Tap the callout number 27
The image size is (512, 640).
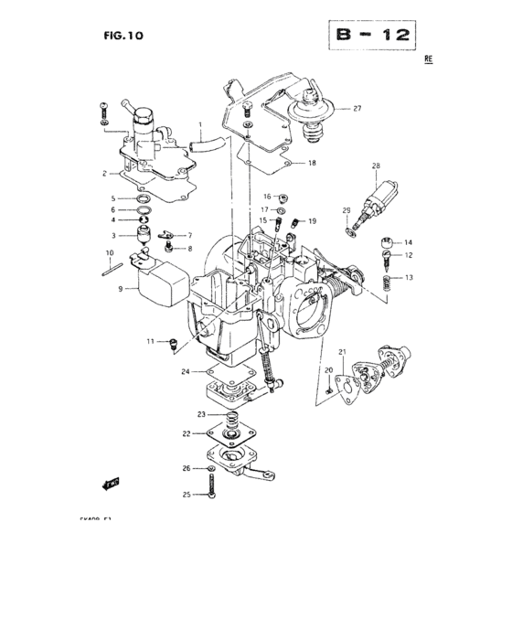pyautogui.click(x=357, y=109)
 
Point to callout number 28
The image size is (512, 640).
pyautogui.click(x=375, y=166)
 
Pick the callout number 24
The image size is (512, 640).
pyautogui.click(x=185, y=372)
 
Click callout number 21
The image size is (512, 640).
pyautogui.click(x=342, y=352)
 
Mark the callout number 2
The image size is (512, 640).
pyautogui.click(x=105, y=172)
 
